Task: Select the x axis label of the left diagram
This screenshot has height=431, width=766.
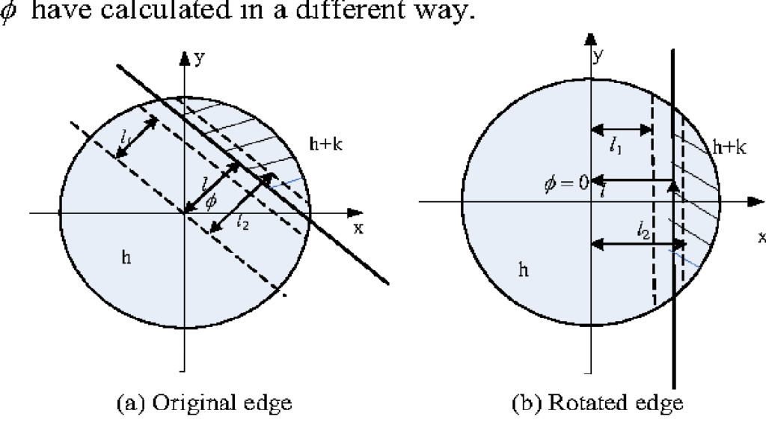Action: [x=358, y=229]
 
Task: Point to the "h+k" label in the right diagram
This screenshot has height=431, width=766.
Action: [x=729, y=147]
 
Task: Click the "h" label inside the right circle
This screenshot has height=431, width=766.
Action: [x=522, y=268]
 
